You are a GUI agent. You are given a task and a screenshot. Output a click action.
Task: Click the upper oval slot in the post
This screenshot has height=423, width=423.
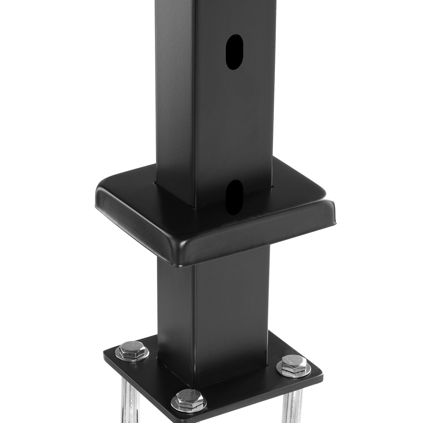(234, 52)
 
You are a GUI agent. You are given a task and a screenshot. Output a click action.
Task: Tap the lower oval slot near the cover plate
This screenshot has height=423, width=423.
(234, 197)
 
